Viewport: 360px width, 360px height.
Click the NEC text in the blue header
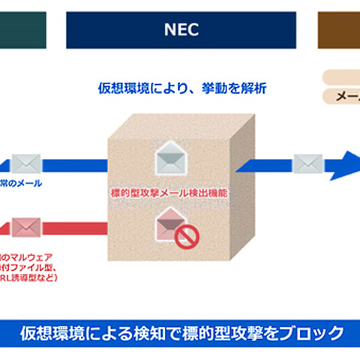pos(180,29)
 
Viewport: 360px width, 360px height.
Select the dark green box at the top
pos(22,29)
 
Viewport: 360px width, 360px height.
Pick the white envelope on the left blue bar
pos(26,163)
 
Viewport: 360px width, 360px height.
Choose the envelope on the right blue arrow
pos(307,162)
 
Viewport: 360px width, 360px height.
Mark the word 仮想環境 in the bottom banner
pos(49,332)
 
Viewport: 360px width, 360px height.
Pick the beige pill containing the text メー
pos(341,96)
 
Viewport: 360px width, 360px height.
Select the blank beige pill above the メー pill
pos(341,76)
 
